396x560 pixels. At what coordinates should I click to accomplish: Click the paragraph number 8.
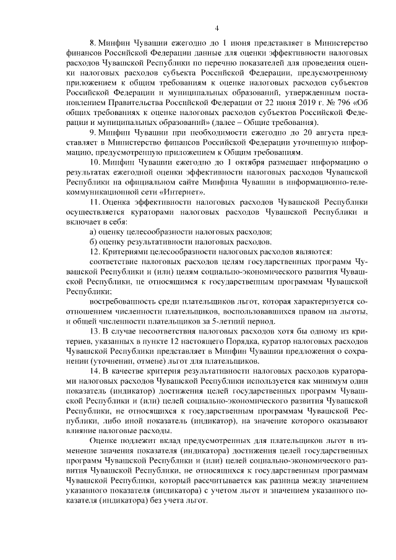click(93, 43)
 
